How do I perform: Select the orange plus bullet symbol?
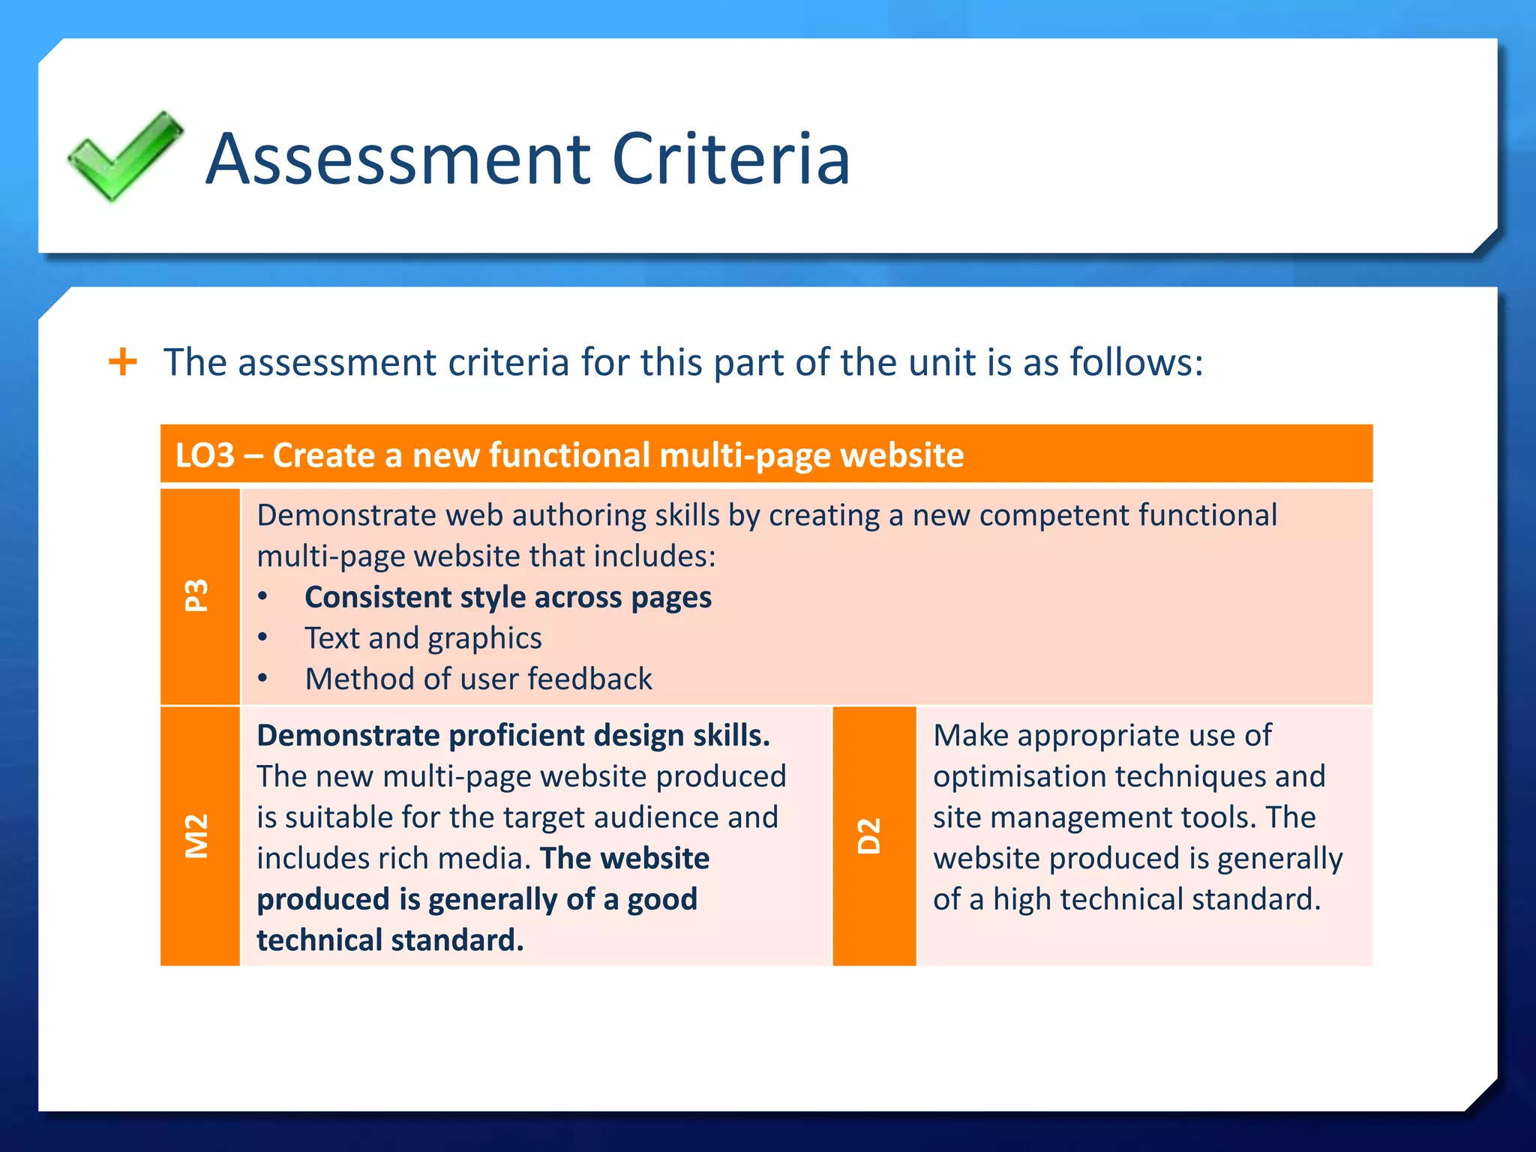(x=123, y=362)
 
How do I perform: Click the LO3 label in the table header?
(x=205, y=455)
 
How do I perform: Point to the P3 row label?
(x=198, y=595)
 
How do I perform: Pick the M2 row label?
(x=198, y=835)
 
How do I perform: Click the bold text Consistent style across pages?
(x=508, y=597)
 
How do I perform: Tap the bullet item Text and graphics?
(x=423, y=638)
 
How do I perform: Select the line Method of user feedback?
(x=478, y=679)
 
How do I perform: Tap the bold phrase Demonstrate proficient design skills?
(x=513, y=735)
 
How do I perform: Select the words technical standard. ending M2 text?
(x=390, y=940)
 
